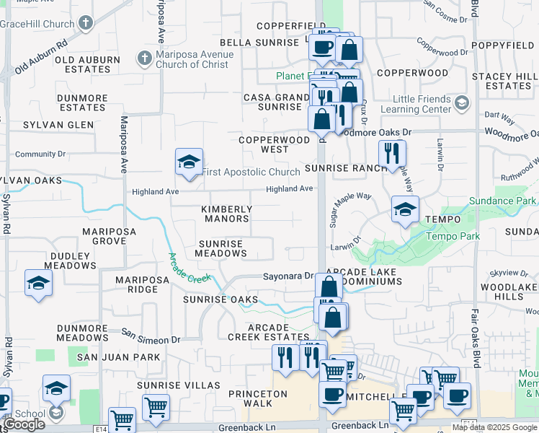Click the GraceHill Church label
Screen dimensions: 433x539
tap(37, 24)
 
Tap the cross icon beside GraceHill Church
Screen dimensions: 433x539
tap(86, 23)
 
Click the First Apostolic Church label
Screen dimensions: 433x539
tap(251, 172)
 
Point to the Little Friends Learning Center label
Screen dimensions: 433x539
tap(422, 105)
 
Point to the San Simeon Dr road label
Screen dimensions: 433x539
tap(151, 336)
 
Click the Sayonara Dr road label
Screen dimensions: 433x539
tap(288, 276)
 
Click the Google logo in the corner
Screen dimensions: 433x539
tap(24, 424)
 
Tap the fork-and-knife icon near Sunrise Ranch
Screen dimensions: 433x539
tap(393, 154)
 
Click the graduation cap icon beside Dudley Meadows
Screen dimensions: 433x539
tap(38, 284)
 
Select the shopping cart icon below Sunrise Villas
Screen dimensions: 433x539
tap(156, 408)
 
